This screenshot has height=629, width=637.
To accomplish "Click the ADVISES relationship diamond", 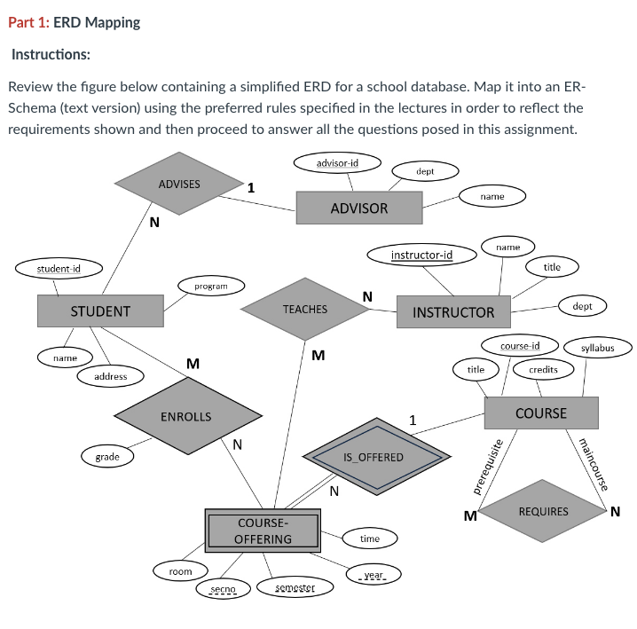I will pyautogui.click(x=179, y=185).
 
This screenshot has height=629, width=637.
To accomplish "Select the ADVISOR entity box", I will pyautogui.click(x=358, y=208).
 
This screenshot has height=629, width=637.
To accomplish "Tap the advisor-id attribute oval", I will pyautogui.click(x=337, y=163).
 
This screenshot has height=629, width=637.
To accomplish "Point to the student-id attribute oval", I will pyautogui.click(x=59, y=267).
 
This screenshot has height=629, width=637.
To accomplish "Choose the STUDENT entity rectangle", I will pyautogui.click(x=100, y=311).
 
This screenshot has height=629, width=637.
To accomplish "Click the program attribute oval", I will pyautogui.click(x=210, y=287).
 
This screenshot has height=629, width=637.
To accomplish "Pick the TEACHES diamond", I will pyautogui.click(x=304, y=310).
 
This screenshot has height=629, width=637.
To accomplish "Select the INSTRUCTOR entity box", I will pyautogui.click(x=453, y=312).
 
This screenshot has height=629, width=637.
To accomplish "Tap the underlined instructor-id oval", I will pyautogui.click(x=421, y=256).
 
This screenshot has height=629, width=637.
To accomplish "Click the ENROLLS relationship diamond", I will pyautogui.click(x=185, y=416).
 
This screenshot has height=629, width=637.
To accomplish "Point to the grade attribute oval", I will pyautogui.click(x=107, y=456).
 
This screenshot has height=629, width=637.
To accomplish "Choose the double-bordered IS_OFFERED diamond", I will pyautogui.click(x=373, y=457).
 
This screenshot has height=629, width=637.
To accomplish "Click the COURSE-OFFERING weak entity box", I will pyautogui.click(x=263, y=531).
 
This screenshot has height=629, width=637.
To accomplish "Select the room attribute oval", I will pyautogui.click(x=180, y=571).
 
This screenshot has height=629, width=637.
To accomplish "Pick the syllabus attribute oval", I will pyautogui.click(x=597, y=348).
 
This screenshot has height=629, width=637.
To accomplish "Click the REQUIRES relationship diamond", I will pyautogui.click(x=543, y=512).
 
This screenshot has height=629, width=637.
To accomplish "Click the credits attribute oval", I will pyautogui.click(x=543, y=368).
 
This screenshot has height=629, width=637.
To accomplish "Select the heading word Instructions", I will pyautogui.click(x=51, y=54).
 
